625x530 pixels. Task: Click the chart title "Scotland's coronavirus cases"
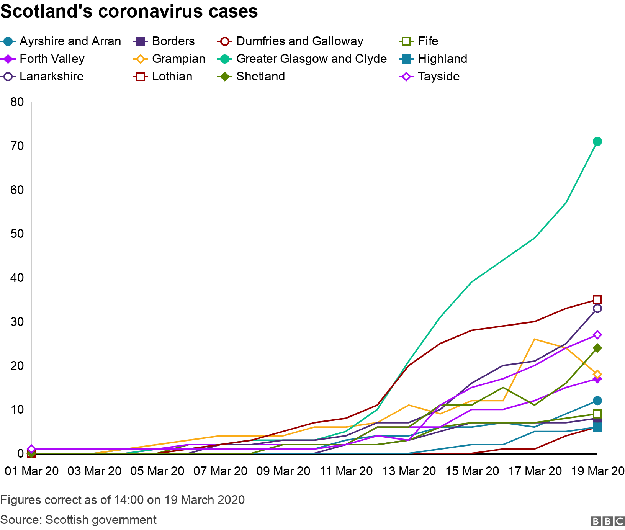[x=129, y=11]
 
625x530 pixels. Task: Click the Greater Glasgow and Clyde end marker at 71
[x=597, y=142]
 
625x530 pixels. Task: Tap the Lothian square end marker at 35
[x=597, y=299]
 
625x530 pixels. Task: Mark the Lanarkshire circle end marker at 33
[x=597, y=308]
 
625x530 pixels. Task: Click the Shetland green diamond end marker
[x=597, y=348]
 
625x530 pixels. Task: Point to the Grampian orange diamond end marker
[x=597, y=374]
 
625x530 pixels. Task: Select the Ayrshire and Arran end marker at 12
[x=597, y=401]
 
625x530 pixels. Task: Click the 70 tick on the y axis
[x=17, y=146]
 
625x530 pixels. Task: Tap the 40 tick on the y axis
[x=17, y=278]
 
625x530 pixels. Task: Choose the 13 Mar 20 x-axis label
[x=409, y=471]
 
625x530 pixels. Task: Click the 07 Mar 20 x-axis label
[x=220, y=471]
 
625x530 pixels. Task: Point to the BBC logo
[x=607, y=521]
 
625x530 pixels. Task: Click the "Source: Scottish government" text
[x=79, y=520]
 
